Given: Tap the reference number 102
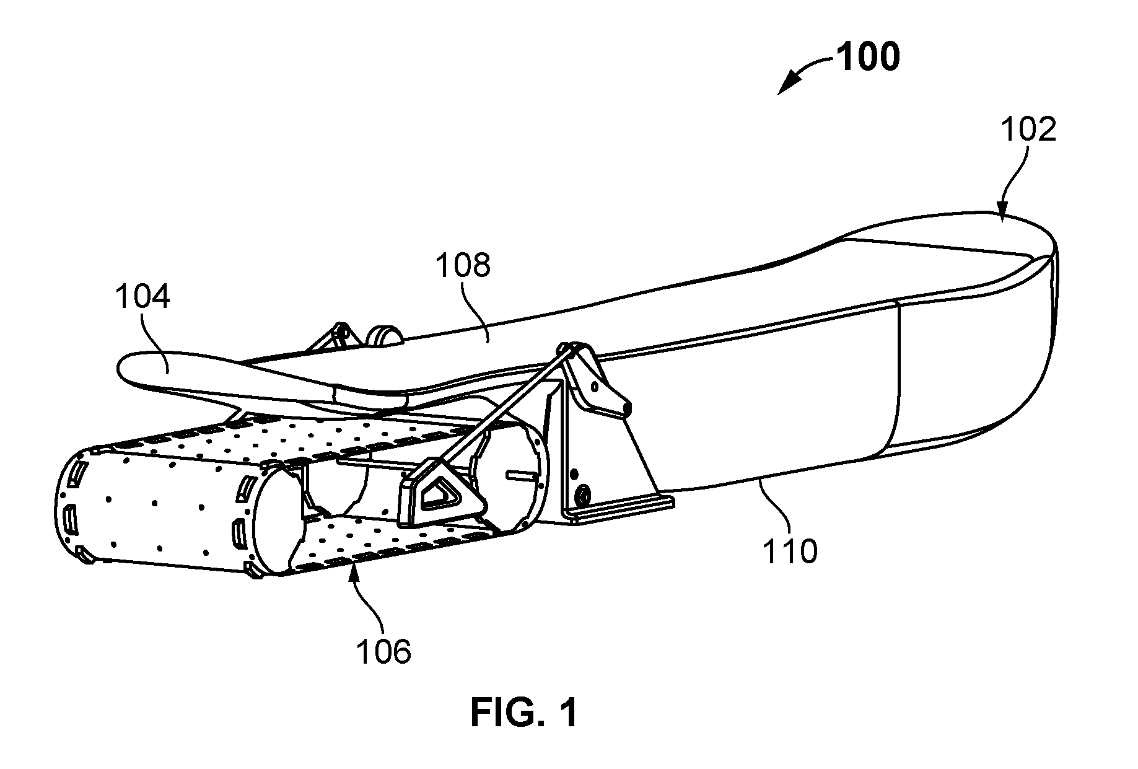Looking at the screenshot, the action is coord(1028,130).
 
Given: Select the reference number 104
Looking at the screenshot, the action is coord(142,297).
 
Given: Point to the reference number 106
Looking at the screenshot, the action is coord(384,652).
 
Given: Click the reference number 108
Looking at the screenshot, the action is coord(462,265).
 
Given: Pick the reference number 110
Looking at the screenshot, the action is coord(790,550).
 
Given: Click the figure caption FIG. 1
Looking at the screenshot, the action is coord(524,712).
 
